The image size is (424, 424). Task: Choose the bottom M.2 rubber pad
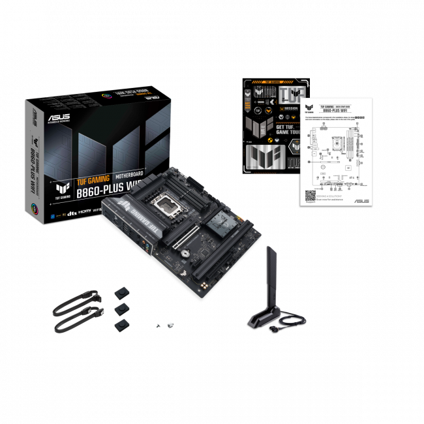point(121,324)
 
